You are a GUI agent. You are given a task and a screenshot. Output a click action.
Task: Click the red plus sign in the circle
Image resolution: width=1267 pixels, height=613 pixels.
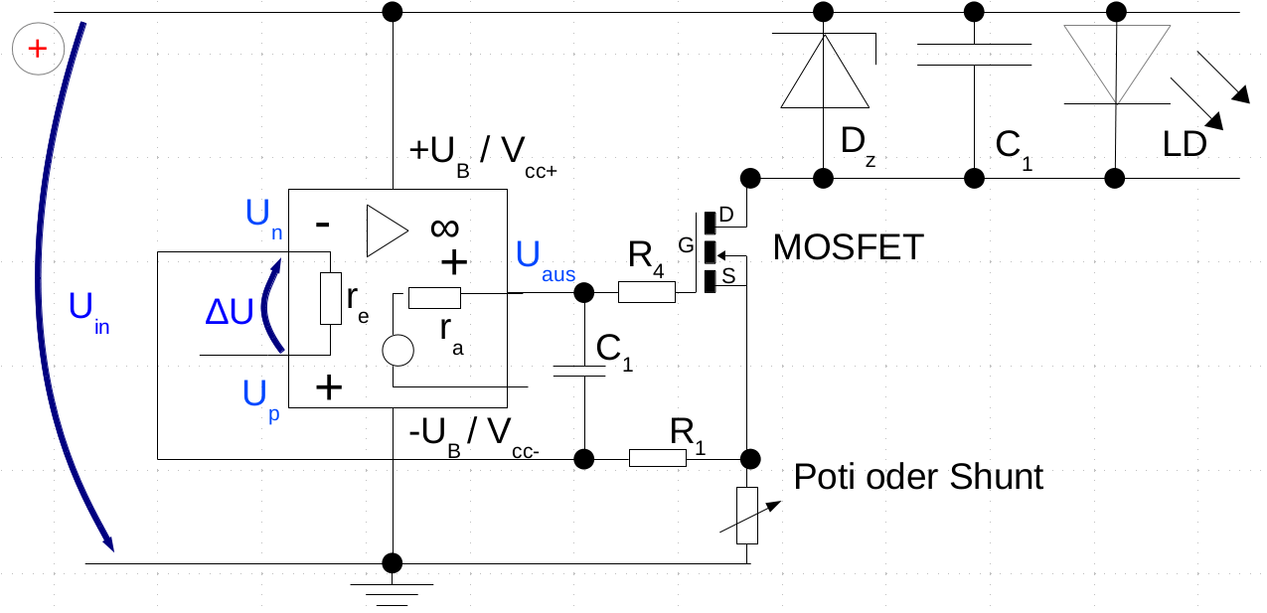point(38,48)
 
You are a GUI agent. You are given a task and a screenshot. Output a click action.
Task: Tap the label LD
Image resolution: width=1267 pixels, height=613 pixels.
point(1185,145)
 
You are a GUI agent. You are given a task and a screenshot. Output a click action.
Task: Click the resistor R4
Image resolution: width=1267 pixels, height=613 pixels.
point(647,292)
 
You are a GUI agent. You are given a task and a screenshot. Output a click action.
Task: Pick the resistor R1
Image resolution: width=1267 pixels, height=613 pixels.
point(657,458)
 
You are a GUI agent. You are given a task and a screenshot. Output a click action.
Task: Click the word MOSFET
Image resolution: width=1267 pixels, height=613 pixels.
point(848,246)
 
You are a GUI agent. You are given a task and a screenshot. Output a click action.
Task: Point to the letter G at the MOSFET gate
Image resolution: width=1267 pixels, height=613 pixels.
point(684,244)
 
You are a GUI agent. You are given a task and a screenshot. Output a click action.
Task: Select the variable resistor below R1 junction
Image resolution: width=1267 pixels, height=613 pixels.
point(747,515)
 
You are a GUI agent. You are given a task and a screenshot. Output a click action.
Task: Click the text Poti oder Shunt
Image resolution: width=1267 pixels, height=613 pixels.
point(918,478)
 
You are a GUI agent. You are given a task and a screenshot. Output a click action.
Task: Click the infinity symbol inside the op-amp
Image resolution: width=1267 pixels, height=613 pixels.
point(444,228)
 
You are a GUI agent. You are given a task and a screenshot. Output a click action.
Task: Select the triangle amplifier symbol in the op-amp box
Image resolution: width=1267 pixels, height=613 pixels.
point(386,230)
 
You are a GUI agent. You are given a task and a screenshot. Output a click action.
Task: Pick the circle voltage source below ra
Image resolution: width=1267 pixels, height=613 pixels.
point(397,351)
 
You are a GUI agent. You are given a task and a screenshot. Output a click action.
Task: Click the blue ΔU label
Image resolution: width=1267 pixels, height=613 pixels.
point(229,313)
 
